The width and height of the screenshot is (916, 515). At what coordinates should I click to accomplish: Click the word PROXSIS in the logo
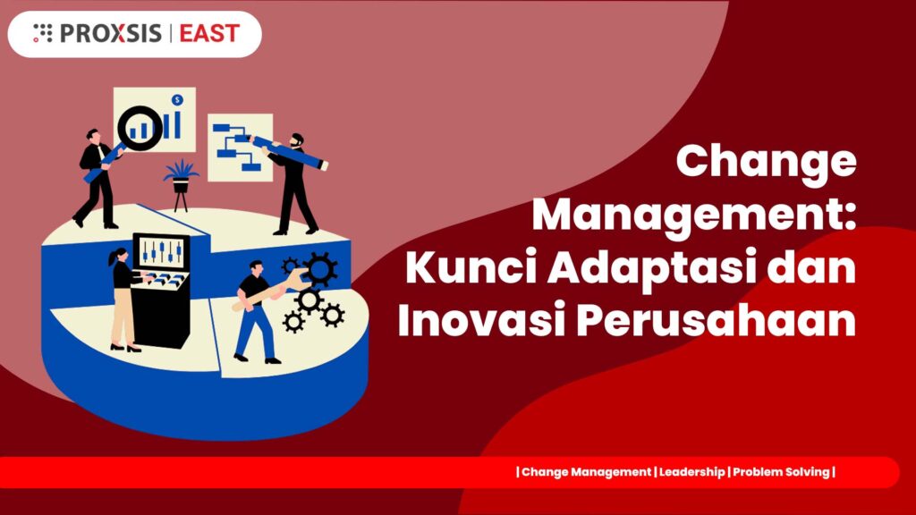111,33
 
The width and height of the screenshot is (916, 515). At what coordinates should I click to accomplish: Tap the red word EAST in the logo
209,33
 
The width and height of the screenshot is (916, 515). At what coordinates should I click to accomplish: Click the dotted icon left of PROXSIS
43,33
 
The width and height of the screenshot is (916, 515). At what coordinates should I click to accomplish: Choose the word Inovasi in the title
482,319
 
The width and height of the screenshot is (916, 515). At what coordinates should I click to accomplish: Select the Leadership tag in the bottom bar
691,472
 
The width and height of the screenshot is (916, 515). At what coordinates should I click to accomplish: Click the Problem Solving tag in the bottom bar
781,472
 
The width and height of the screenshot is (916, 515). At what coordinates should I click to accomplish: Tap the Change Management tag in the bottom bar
586,472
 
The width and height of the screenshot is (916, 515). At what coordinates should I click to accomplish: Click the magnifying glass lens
140,128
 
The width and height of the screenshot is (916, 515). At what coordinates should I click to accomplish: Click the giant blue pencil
289,152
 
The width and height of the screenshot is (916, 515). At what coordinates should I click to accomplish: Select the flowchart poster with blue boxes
240,148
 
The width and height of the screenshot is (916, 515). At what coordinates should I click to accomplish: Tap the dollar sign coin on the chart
178,100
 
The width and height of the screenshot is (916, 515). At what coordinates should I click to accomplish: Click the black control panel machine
161,291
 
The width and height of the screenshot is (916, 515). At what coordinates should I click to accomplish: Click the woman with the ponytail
123,299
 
